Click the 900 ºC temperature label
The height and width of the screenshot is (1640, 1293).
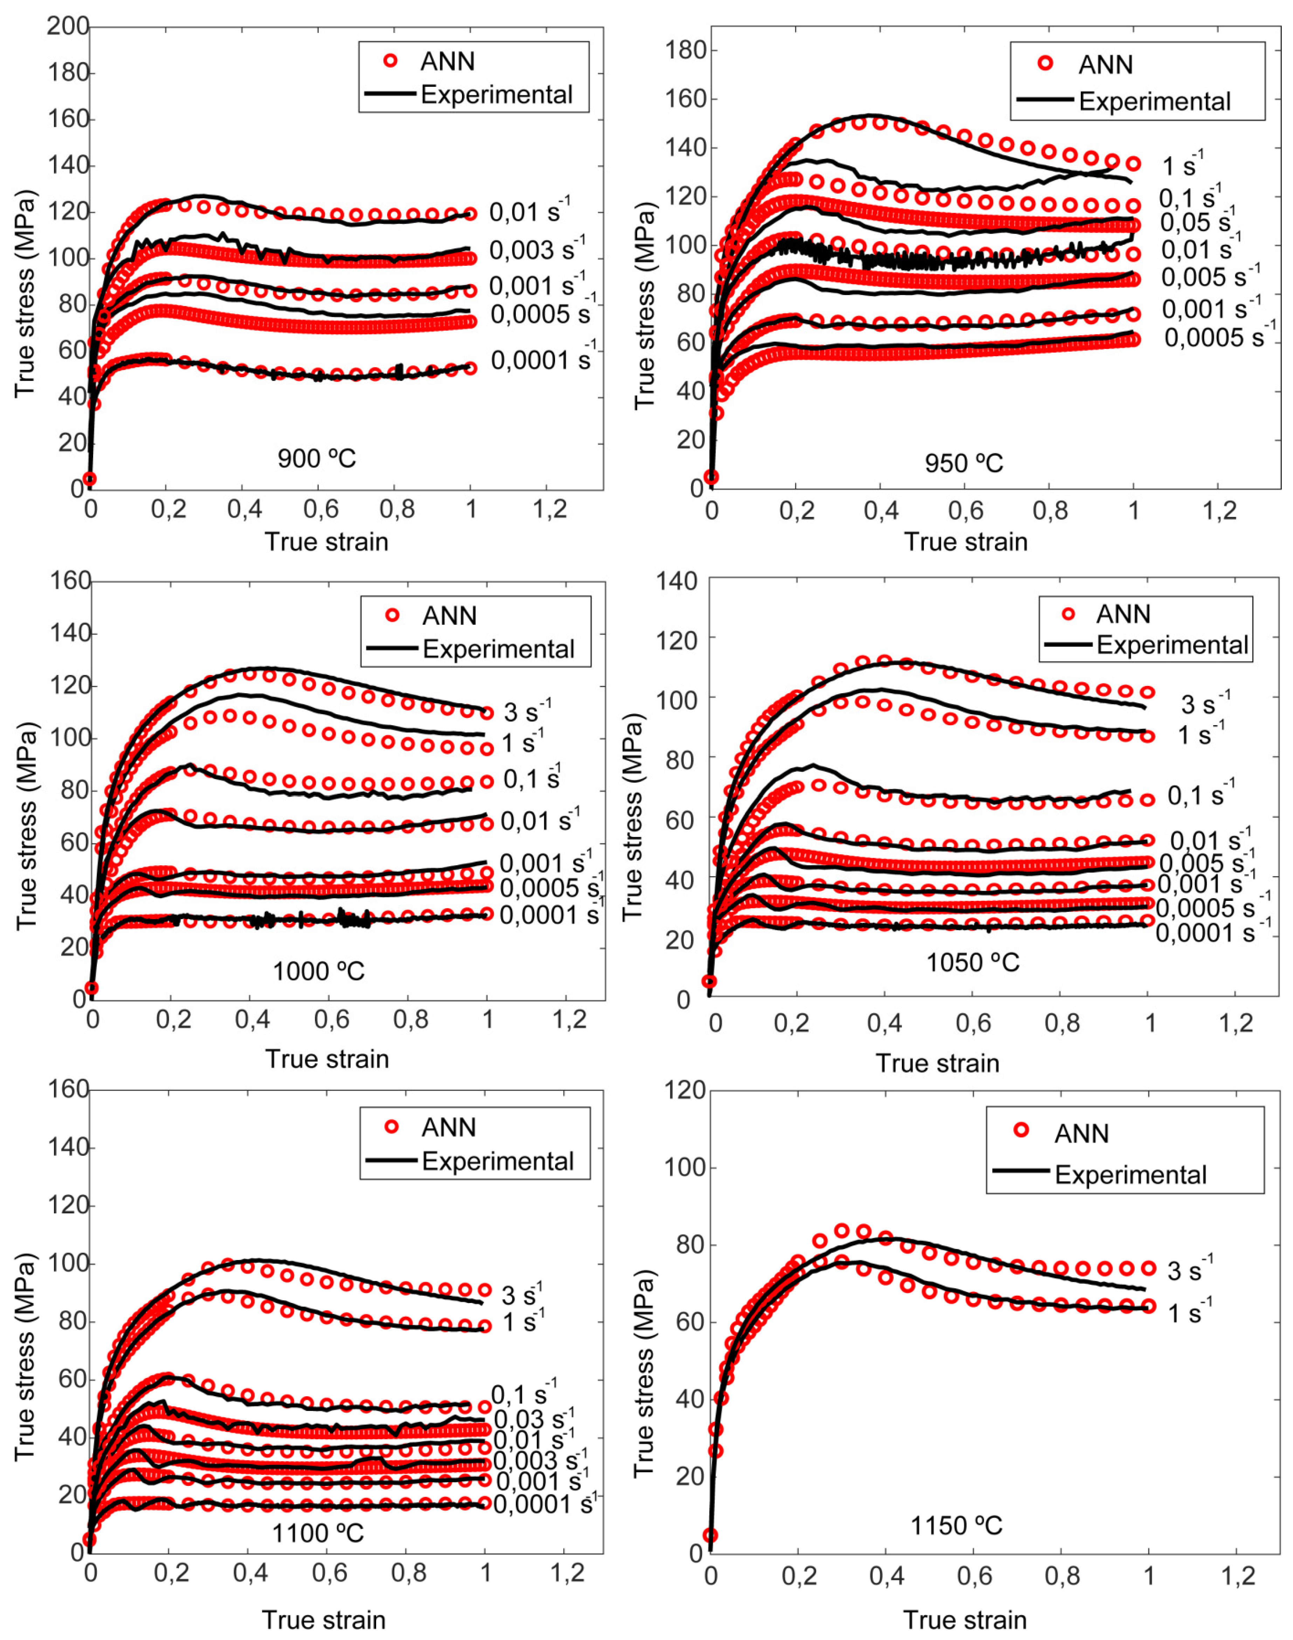click(317, 458)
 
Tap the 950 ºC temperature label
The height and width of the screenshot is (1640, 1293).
click(964, 463)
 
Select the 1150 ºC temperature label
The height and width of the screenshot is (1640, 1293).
click(956, 1525)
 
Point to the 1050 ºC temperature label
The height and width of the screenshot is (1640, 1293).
click(973, 962)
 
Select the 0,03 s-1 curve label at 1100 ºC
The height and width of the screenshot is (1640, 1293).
click(534, 1420)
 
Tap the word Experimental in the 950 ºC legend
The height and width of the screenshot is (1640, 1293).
click(1154, 102)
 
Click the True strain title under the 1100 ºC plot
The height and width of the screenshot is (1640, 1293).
click(324, 1620)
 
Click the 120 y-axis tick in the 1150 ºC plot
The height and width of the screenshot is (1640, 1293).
click(685, 1090)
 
